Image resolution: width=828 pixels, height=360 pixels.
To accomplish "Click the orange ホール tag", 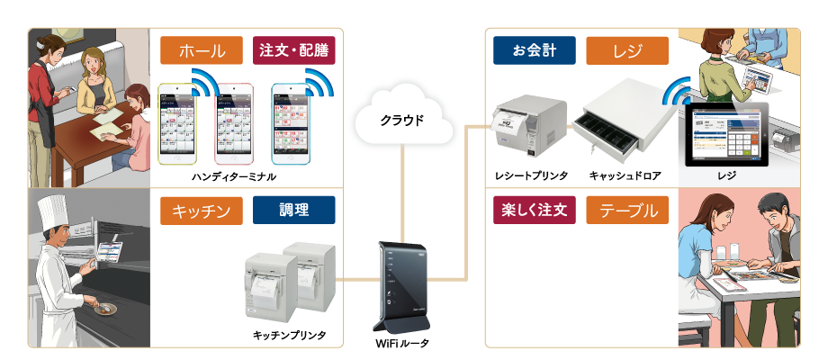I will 202,49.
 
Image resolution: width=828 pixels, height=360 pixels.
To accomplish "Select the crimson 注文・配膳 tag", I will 292,49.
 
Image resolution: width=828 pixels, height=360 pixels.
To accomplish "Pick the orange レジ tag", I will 627,49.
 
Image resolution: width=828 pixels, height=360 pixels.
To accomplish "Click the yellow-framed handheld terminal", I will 182,124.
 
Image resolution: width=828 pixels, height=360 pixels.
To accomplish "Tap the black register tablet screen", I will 727,136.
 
